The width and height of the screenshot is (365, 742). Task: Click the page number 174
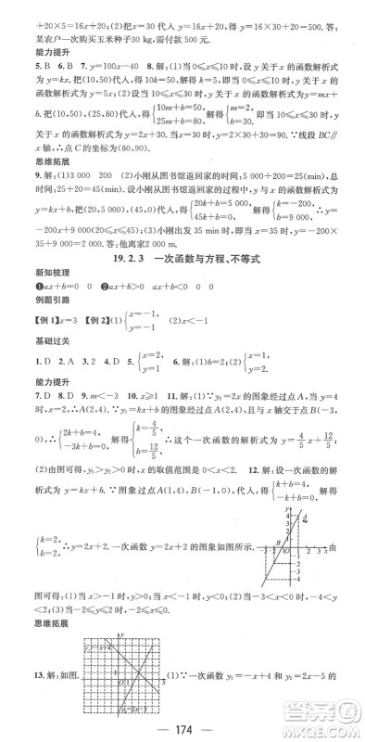182,726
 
